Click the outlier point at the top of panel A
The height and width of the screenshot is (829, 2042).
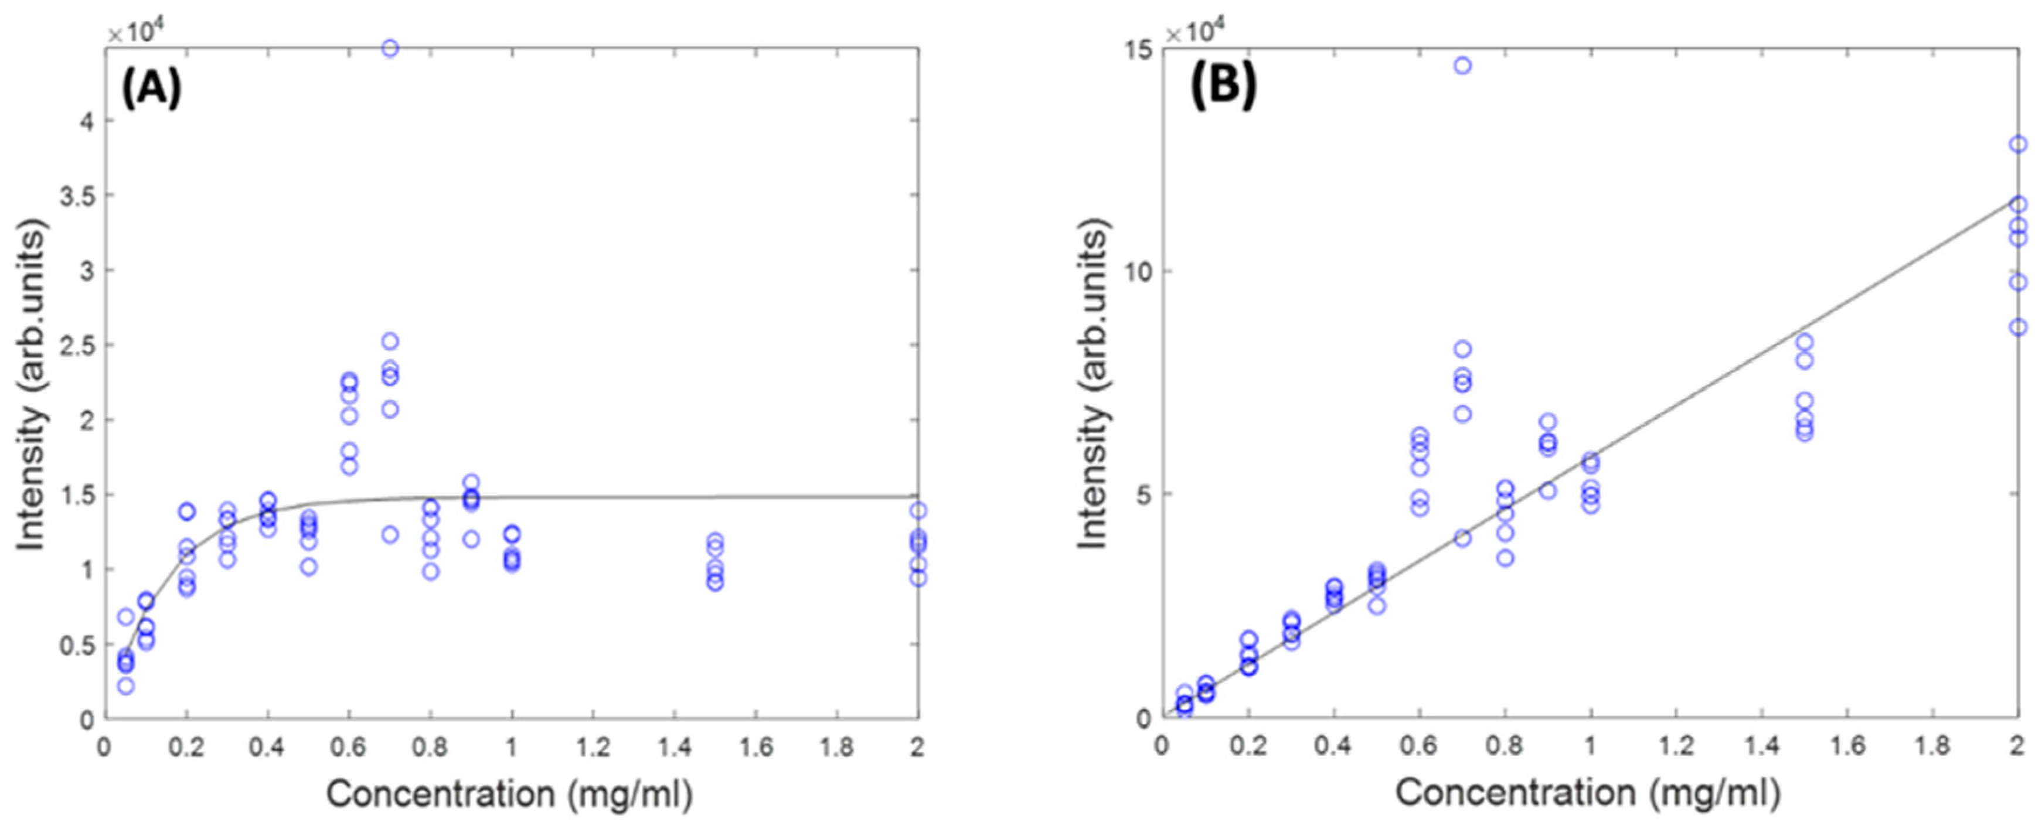[390, 49]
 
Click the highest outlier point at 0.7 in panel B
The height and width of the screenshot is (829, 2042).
[1462, 66]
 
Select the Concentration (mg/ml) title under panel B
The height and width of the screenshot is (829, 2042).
[1588, 793]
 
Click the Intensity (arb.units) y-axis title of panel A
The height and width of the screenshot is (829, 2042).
[33, 384]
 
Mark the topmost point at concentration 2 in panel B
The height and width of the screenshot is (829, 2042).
[2018, 144]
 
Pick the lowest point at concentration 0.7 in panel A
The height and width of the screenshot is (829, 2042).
[390, 534]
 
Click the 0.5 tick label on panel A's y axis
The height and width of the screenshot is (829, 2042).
[76, 645]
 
